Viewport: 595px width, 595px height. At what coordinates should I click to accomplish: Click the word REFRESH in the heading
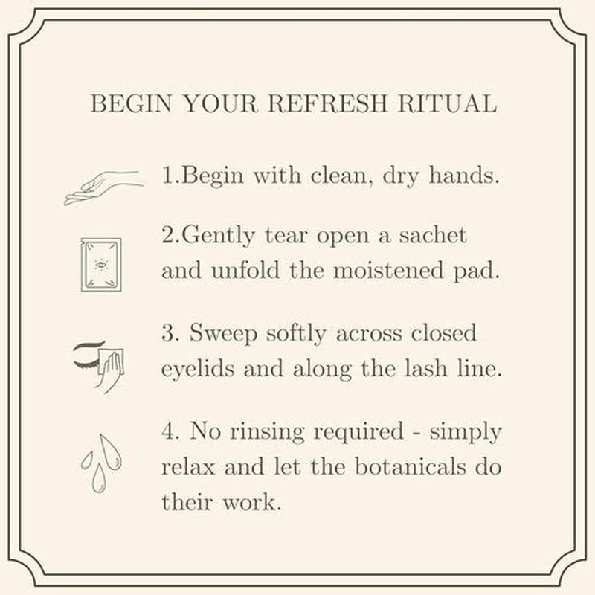[327, 103]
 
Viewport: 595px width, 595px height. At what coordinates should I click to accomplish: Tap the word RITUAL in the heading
[448, 103]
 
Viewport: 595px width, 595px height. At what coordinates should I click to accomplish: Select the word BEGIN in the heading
[132, 103]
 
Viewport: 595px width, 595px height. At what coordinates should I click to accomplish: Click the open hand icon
[103, 188]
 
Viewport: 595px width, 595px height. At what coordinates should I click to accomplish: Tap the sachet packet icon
[101, 265]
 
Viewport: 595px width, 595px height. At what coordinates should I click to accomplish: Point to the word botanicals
[411, 466]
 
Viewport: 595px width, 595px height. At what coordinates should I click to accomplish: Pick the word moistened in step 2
[388, 271]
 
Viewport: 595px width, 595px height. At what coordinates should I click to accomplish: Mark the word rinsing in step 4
[267, 433]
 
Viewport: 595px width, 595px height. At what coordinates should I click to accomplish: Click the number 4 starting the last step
[168, 431]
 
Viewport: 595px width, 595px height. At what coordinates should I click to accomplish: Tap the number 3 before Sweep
[167, 333]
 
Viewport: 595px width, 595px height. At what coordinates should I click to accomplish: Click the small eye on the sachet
[100, 264]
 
